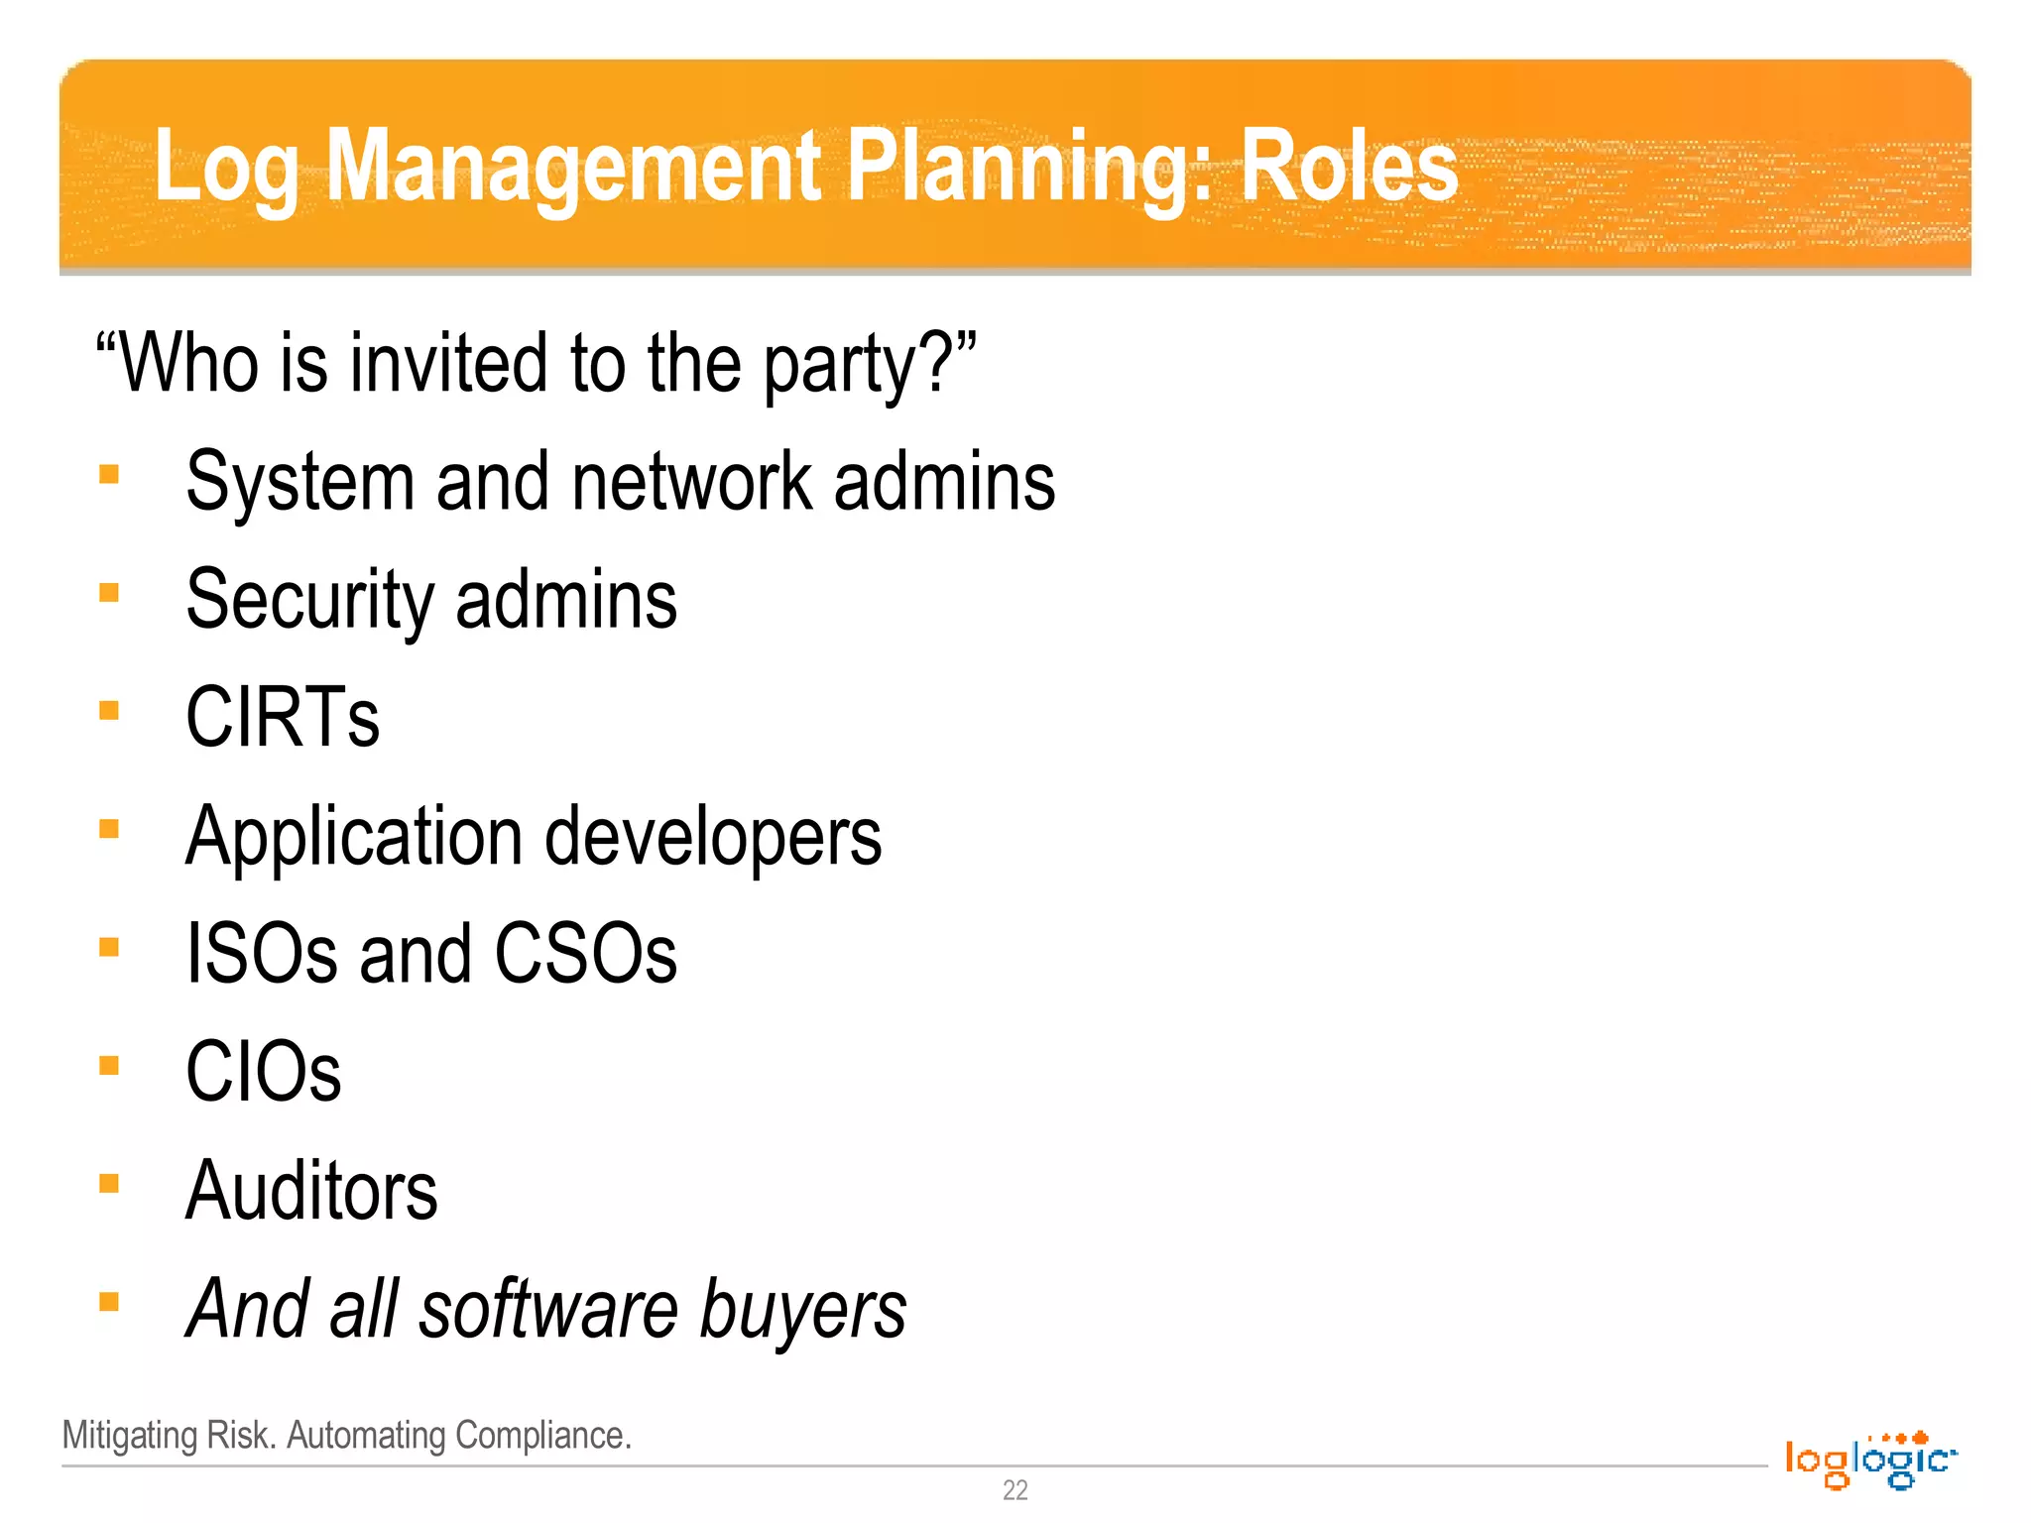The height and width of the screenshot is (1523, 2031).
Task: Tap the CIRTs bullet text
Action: click(283, 718)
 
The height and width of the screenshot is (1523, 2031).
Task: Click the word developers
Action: click(713, 837)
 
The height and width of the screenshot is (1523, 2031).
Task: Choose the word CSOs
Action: click(585, 954)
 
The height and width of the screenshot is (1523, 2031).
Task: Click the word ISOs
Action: click(262, 954)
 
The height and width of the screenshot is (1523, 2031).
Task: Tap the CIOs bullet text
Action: click(264, 1072)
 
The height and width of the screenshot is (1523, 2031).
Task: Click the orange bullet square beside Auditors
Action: click(109, 1184)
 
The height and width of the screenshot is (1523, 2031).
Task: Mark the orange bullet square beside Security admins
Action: click(109, 593)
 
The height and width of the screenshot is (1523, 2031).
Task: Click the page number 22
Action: click(1015, 1490)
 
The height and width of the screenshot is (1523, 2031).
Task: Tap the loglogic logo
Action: click(1870, 1460)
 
